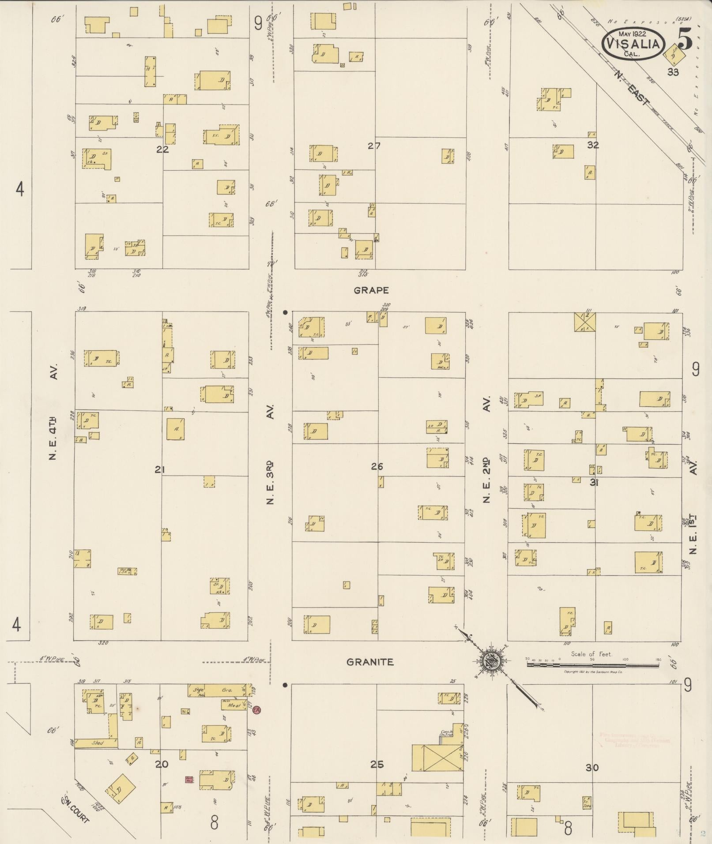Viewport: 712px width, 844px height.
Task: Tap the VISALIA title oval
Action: tap(633, 44)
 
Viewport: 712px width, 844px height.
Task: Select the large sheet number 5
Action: tap(685, 40)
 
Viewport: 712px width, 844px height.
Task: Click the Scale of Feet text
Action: tap(591, 654)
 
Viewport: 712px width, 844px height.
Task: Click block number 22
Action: tap(162, 149)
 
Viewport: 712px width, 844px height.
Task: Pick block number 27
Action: tap(374, 146)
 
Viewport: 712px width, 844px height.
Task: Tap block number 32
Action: tap(593, 145)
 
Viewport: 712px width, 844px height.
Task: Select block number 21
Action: tap(159, 470)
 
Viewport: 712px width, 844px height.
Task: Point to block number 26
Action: tap(377, 467)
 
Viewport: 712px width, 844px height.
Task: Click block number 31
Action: tap(594, 483)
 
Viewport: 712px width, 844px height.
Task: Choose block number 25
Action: tap(377, 764)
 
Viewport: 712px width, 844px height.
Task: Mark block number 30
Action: tap(592, 768)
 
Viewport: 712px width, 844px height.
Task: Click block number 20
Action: tap(162, 764)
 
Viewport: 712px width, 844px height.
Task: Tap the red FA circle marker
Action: tap(256, 710)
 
